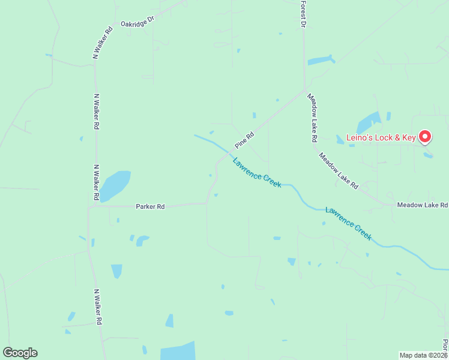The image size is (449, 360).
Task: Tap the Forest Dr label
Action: (x=304, y=14)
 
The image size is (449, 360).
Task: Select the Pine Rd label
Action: (x=245, y=140)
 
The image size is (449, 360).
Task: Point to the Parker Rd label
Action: (x=150, y=206)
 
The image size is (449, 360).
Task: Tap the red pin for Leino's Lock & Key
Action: (x=425, y=137)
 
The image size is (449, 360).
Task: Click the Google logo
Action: (x=20, y=353)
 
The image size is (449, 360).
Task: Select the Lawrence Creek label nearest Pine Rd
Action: (x=257, y=173)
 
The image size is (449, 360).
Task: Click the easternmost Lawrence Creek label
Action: (x=349, y=223)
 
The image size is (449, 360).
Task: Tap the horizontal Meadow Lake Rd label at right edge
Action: (x=423, y=205)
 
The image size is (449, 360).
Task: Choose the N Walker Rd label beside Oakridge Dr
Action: (x=102, y=42)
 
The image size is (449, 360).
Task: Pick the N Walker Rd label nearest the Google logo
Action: (x=97, y=307)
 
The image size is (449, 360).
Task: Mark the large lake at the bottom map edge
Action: (x=178, y=351)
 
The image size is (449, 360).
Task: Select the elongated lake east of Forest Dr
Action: (x=321, y=60)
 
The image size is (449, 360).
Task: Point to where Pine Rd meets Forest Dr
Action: (x=305, y=91)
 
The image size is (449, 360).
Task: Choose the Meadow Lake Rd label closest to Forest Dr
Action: (x=312, y=118)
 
